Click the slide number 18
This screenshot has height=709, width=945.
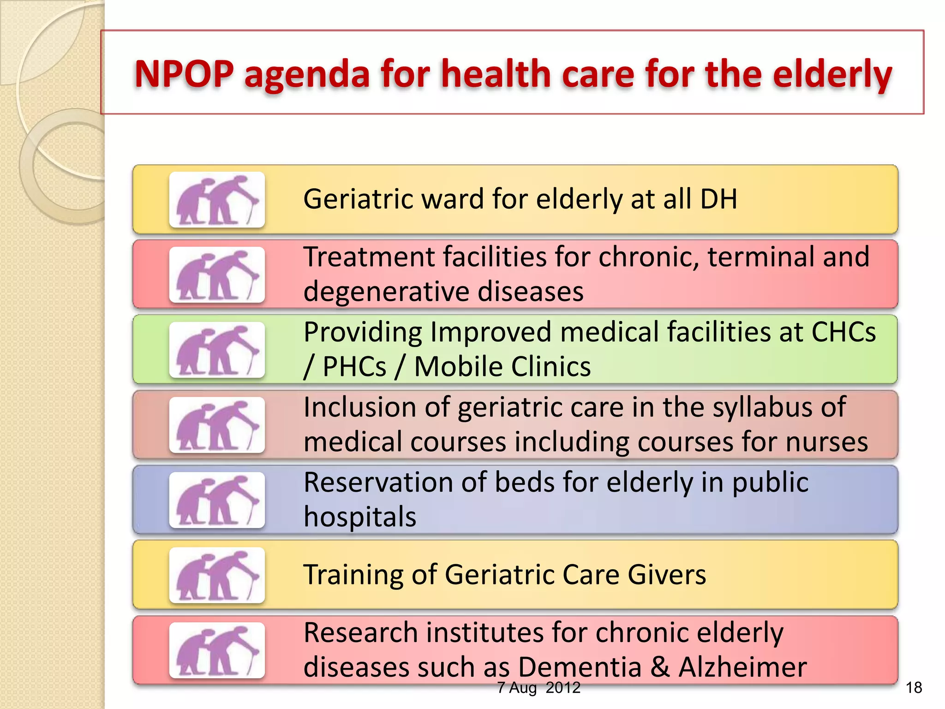pyautogui.click(x=914, y=688)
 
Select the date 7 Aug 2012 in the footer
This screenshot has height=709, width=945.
pyautogui.click(x=538, y=688)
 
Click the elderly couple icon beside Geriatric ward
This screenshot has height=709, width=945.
pyautogui.click(x=217, y=200)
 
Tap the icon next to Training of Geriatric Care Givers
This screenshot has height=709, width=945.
pyautogui.click(x=217, y=575)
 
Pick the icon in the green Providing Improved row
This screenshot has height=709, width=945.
pyautogui.click(x=217, y=350)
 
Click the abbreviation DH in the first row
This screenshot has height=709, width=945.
pyautogui.click(x=718, y=199)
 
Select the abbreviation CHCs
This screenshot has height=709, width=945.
pyautogui.click(x=843, y=332)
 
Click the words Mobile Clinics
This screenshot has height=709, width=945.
pyautogui.click(x=502, y=367)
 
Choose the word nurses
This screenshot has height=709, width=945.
pyautogui.click(x=826, y=442)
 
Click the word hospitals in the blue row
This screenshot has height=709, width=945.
pyautogui.click(x=360, y=517)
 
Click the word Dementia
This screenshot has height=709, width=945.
pyautogui.click(x=580, y=667)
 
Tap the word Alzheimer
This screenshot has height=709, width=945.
pyautogui.click(x=742, y=667)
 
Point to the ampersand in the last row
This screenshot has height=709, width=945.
pyautogui.click(x=660, y=667)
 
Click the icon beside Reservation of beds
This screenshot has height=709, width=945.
pyautogui.click(x=217, y=500)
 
